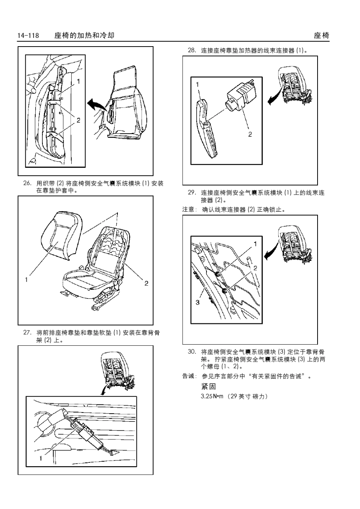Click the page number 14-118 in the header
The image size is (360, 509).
click(28, 36)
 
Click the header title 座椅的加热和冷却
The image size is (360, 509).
click(84, 36)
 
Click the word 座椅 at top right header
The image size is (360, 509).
click(321, 36)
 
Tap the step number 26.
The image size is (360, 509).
click(27, 184)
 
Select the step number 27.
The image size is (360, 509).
click(27, 333)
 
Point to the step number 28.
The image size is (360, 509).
click(192, 50)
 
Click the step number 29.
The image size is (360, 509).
click(192, 193)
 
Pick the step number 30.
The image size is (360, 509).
click(192, 352)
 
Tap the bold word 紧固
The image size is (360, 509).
click(208, 387)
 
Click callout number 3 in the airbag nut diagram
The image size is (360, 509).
click(197, 302)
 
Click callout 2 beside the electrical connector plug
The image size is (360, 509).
click(250, 134)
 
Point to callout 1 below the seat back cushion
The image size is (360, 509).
click(27, 280)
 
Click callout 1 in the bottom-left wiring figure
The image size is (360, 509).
click(40, 458)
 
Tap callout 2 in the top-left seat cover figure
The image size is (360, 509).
click(78, 120)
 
